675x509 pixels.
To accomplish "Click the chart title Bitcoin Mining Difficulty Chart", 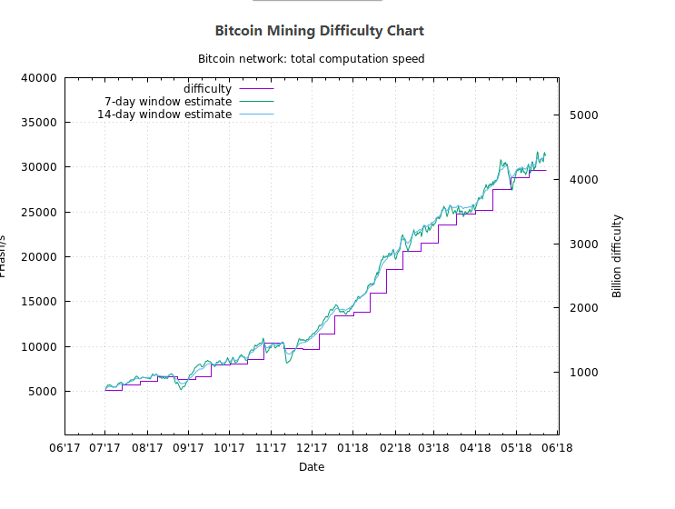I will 319,31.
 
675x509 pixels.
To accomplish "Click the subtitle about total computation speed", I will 312,59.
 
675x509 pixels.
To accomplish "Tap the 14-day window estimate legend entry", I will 164,115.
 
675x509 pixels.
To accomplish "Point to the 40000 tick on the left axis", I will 39,78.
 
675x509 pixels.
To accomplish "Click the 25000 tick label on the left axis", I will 39,213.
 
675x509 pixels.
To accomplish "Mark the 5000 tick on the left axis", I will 43,392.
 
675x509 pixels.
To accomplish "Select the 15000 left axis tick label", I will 39,302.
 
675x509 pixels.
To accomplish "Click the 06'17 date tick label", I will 64,447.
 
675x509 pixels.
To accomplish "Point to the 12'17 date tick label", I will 311,447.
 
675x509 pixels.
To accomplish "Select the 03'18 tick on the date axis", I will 434,447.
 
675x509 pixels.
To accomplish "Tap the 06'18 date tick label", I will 558,447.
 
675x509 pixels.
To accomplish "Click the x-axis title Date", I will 312,467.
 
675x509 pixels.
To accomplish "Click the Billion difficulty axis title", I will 617,256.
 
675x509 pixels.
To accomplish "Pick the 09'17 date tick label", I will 187,447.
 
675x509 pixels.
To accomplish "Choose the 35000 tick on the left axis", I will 39,123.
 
